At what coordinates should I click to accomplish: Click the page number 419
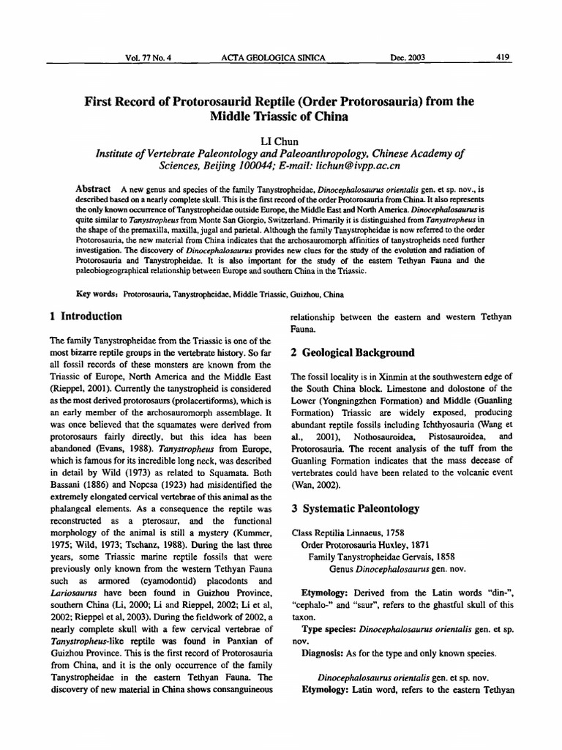503,56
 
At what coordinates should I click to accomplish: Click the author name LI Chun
281,139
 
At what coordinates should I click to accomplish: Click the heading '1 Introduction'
86,316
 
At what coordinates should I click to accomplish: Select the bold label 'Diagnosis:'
326,653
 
